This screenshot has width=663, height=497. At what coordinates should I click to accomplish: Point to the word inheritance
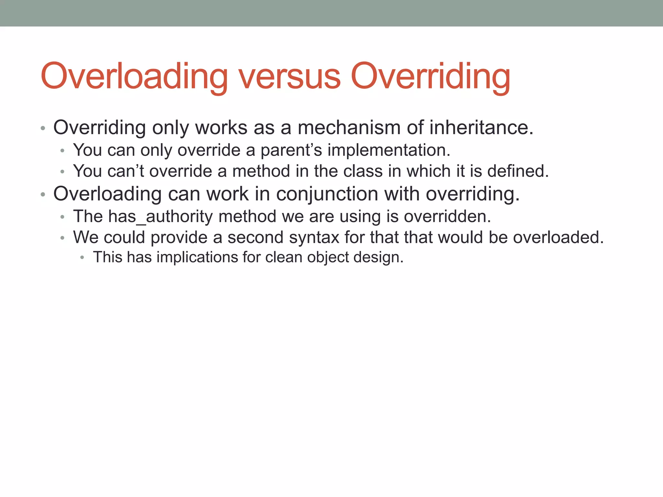click(481, 127)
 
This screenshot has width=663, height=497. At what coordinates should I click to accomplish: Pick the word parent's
click(291, 150)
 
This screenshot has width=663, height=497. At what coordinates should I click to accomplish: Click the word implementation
click(389, 150)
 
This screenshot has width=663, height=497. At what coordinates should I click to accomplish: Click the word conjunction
click(327, 194)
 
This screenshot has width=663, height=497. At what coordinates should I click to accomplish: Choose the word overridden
click(447, 216)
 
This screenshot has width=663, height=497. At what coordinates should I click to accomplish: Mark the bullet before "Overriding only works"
click(43, 128)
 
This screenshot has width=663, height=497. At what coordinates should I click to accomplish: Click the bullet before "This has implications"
click(82, 258)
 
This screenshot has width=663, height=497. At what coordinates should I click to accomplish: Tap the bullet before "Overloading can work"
click(43, 195)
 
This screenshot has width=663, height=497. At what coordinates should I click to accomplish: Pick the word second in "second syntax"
click(255, 237)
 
